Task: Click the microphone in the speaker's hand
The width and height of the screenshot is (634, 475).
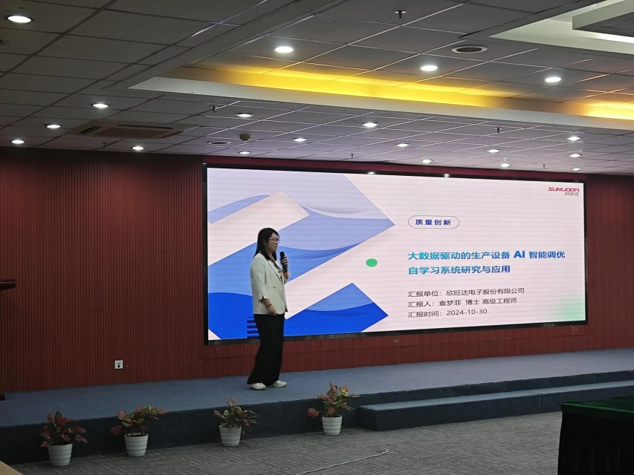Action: click(x=283, y=261)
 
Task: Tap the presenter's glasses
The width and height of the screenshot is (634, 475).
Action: click(x=274, y=240)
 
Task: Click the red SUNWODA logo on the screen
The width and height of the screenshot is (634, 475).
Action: click(x=563, y=190)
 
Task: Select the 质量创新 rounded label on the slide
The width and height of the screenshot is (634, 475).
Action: click(x=433, y=222)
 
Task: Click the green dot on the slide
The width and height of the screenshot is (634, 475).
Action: click(x=372, y=263)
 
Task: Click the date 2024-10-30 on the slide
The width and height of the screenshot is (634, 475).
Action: click(x=467, y=312)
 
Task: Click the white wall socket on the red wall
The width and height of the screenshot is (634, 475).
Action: click(x=118, y=364)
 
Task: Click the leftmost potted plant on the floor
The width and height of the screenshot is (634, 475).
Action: click(x=61, y=438)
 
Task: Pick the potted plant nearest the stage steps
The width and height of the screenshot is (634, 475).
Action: click(x=332, y=409)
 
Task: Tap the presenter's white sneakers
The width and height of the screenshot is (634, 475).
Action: click(x=268, y=385)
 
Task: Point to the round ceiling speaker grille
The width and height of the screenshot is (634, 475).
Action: click(x=469, y=49)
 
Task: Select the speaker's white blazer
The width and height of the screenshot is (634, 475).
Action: click(x=268, y=284)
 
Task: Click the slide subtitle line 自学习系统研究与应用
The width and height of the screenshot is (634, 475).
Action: click(x=459, y=270)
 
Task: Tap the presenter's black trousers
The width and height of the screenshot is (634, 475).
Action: click(x=268, y=348)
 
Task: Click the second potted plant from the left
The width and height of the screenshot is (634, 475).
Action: click(x=137, y=430)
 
